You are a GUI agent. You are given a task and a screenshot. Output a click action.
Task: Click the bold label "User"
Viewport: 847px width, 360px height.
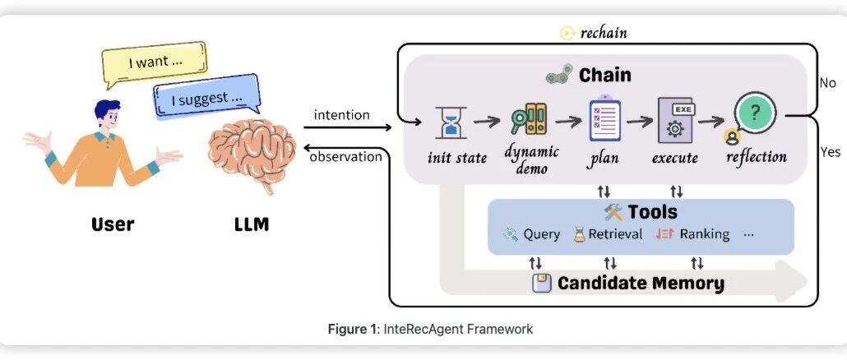(x=113, y=223)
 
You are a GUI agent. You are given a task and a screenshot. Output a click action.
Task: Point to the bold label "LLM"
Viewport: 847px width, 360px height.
(x=252, y=223)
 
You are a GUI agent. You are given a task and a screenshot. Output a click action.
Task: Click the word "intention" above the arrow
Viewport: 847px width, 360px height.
(x=341, y=114)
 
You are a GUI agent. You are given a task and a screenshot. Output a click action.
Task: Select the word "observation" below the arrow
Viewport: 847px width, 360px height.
(x=345, y=156)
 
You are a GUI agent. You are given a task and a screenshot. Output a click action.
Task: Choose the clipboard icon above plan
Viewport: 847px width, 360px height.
(x=603, y=120)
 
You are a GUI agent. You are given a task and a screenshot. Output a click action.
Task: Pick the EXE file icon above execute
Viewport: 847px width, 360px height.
(x=677, y=122)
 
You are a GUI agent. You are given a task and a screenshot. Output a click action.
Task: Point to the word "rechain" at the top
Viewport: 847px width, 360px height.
(x=604, y=33)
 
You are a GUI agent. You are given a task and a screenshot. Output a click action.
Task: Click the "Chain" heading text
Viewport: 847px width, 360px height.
(x=604, y=75)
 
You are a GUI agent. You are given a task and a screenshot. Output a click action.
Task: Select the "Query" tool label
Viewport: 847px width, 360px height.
(x=541, y=234)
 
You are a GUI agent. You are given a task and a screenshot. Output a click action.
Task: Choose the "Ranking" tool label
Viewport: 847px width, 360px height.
(x=704, y=234)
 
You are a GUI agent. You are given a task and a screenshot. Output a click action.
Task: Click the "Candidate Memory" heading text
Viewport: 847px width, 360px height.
(x=641, y=284)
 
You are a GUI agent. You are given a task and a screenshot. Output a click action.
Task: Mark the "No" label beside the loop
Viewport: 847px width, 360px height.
(x=827, y=83)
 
